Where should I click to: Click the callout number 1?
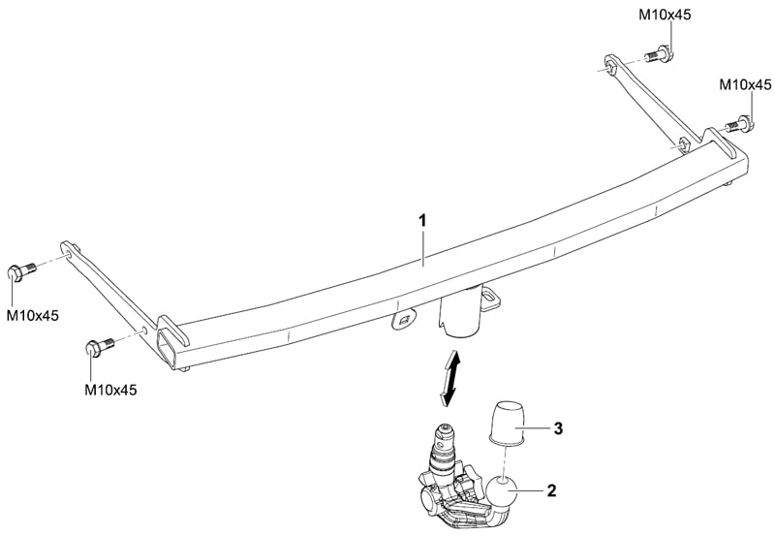pos(422,221)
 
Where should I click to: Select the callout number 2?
pos(551,490)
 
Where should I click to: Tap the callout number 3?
pos(558,428)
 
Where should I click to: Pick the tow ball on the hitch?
pos(503,491)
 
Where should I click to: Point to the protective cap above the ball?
pos(507,422)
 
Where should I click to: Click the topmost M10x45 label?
pos(665,15)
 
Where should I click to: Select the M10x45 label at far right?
pos(745,85)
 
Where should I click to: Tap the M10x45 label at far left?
pos(32,315)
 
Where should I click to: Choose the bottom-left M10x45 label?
pos(110,390)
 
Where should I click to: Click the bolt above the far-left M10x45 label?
pos(21,271)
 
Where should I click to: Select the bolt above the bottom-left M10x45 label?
pos(101,346)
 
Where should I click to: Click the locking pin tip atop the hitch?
pos(445,428)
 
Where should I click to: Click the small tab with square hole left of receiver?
pos(405,320)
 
